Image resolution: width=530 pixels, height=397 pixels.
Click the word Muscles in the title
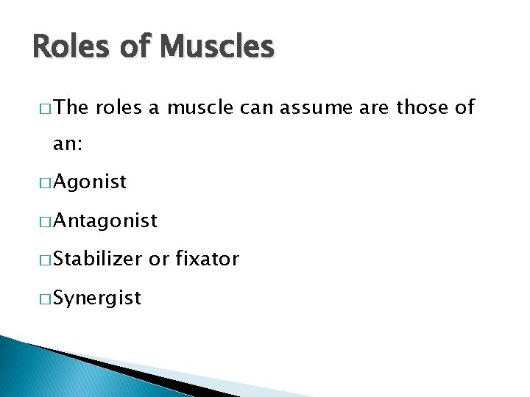tap(216, 47)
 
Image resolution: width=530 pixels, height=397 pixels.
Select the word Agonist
tap(90, 182)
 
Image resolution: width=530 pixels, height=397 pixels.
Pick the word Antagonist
tap(105, 221)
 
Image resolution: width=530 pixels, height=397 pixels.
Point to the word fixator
tap(208, 259)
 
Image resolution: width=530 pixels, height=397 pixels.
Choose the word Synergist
tap(96, 298)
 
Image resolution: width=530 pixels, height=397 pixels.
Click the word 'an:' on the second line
tap(68, 146)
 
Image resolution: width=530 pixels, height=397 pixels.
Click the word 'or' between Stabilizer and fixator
tap(158, 260)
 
